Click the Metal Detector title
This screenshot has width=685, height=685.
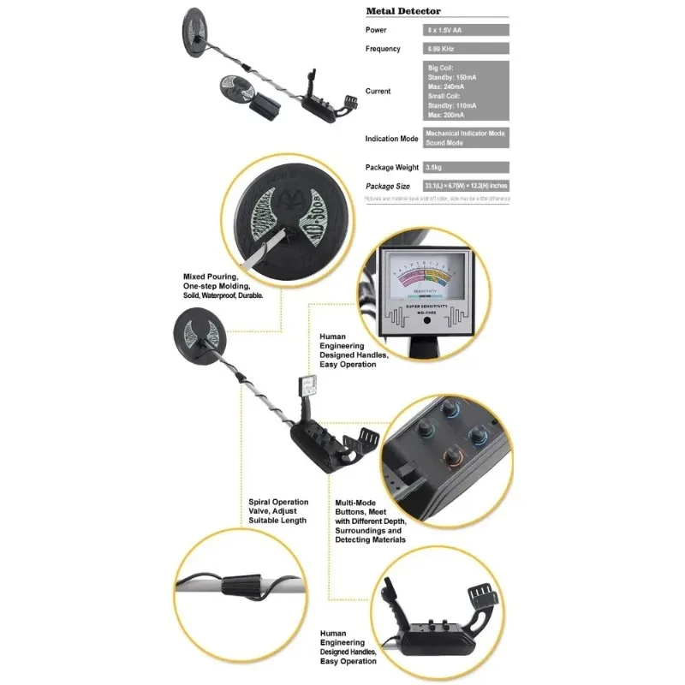click(x=403, y=11)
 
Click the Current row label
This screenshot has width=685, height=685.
click(x=378, y=91)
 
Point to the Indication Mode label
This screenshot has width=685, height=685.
click(x=391, y=138)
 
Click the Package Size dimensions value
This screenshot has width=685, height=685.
click(x=467, y=186)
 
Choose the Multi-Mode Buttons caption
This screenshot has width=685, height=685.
click(x=370, y=521)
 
